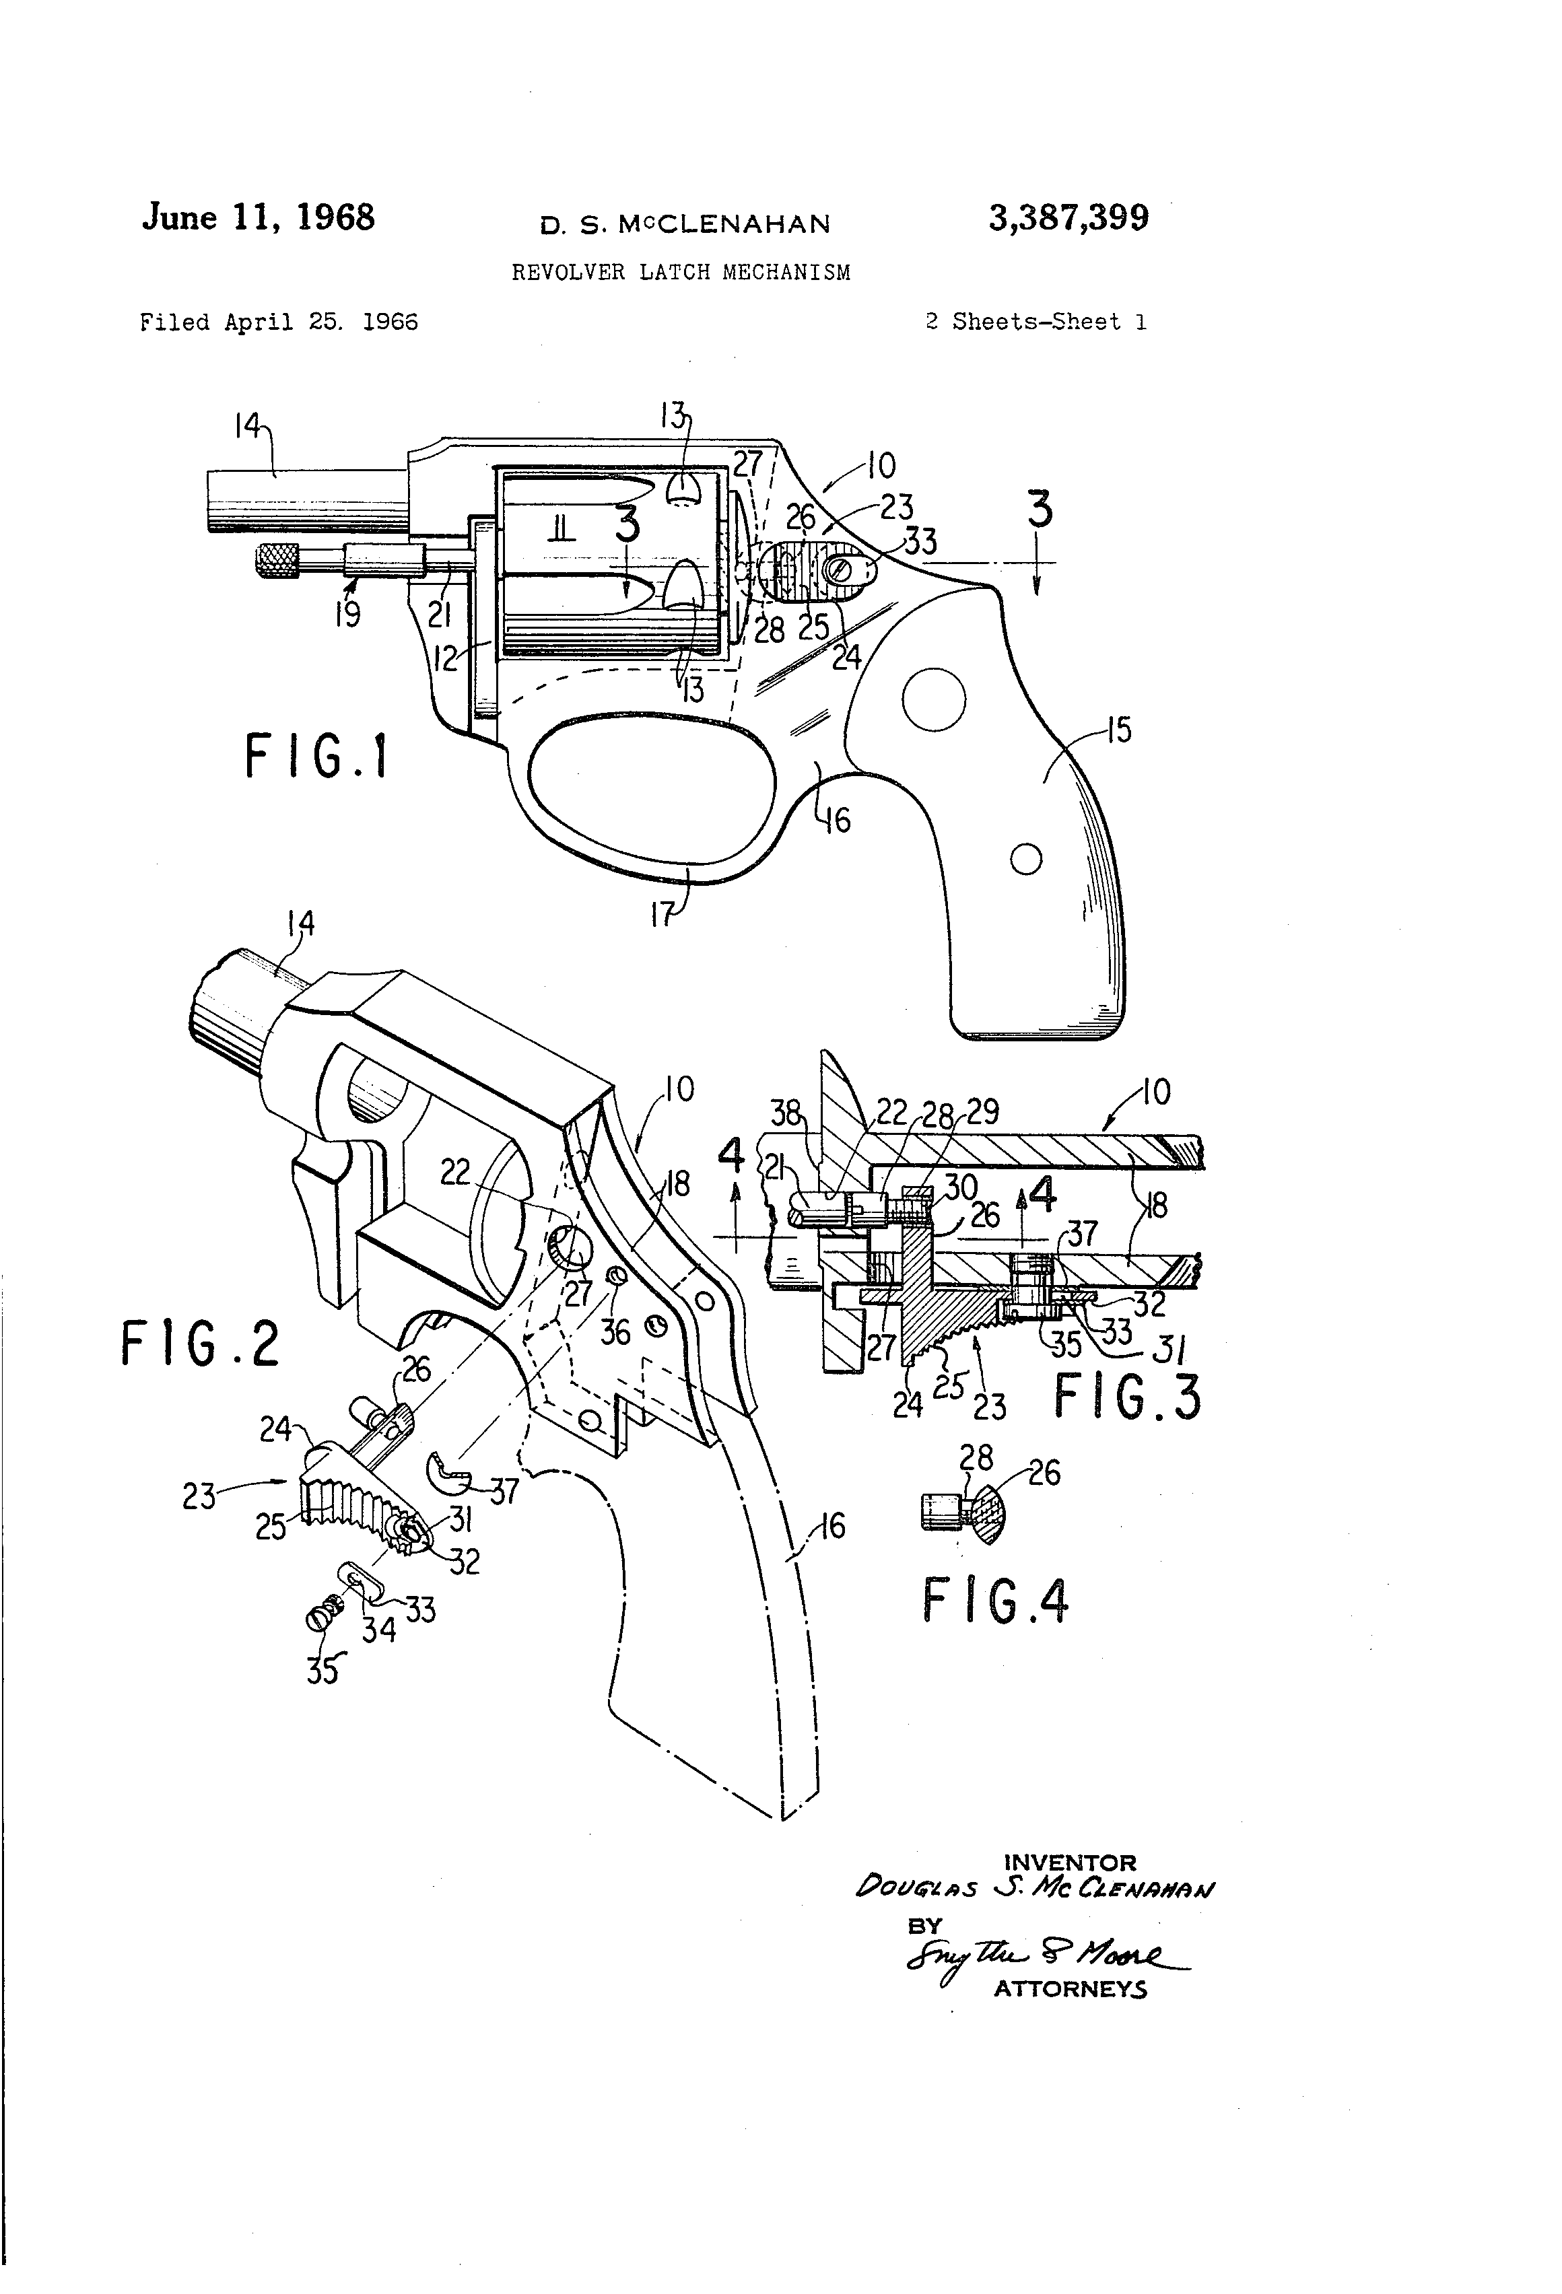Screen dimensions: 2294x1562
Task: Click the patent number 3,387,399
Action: point(1068,218)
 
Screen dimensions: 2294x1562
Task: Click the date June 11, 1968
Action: point(259,217)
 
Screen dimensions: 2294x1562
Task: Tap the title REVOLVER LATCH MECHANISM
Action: point(680,273)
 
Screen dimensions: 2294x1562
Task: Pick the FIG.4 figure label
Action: point(995,1601)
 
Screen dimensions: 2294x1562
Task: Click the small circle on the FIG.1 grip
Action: point(1027,860)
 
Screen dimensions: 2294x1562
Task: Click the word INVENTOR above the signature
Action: point(1069,1863)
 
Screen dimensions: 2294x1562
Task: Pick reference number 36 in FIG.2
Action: point(615,1333)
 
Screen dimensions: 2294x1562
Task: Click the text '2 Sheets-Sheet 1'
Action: point(1035,322)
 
